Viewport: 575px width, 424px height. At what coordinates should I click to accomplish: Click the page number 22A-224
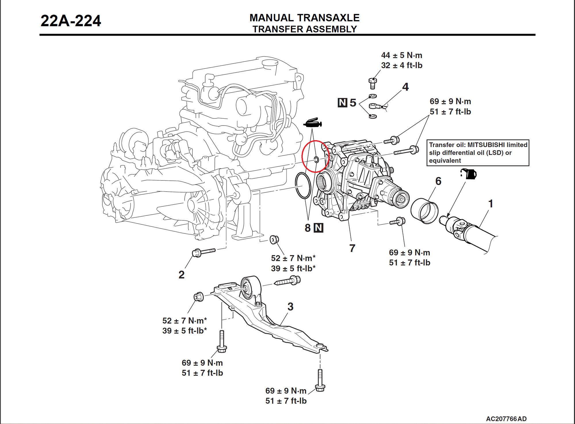pyautogui.click(x=71, y=21)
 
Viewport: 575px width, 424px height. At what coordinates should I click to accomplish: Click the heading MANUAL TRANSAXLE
pyautogui.click(x=304, y=18)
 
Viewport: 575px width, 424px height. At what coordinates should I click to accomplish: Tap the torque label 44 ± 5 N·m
pyautogui.click(x=401, y=55)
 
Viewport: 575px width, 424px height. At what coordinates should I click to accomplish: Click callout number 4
pyautogui.click(x=405, y=87)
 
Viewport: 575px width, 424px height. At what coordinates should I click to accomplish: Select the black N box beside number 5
pyautogui.click(x=342, y=103)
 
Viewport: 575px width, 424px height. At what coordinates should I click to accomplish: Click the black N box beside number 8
pyautogui.click(x=319, y=228)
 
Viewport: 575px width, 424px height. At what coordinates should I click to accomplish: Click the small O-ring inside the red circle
pyautogui.click(x=316, y=159)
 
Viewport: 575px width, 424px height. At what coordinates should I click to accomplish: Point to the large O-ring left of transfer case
pyautogui.click(x=303, y=186)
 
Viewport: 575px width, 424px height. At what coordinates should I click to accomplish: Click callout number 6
pyautogui.click(x=438, y=181)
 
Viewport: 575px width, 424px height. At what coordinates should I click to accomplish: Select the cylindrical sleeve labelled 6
pyautogui.click(x=424, y=211)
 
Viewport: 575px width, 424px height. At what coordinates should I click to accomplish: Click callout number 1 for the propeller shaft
pyautogui.click(x=491, y=204)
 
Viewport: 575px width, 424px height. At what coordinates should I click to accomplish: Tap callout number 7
pyautogui.click(x=352, y=248)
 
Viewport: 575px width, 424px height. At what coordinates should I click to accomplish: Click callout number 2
pyautogui.click(x=181, y=275)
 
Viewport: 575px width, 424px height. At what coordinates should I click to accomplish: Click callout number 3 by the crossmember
pyautogui.click(x=290, y=307)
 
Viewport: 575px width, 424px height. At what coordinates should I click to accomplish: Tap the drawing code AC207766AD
pyautogui.click(x=506, y=419)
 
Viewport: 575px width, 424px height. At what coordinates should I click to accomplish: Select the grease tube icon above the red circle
pyautogui.click(x=313, y=123)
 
